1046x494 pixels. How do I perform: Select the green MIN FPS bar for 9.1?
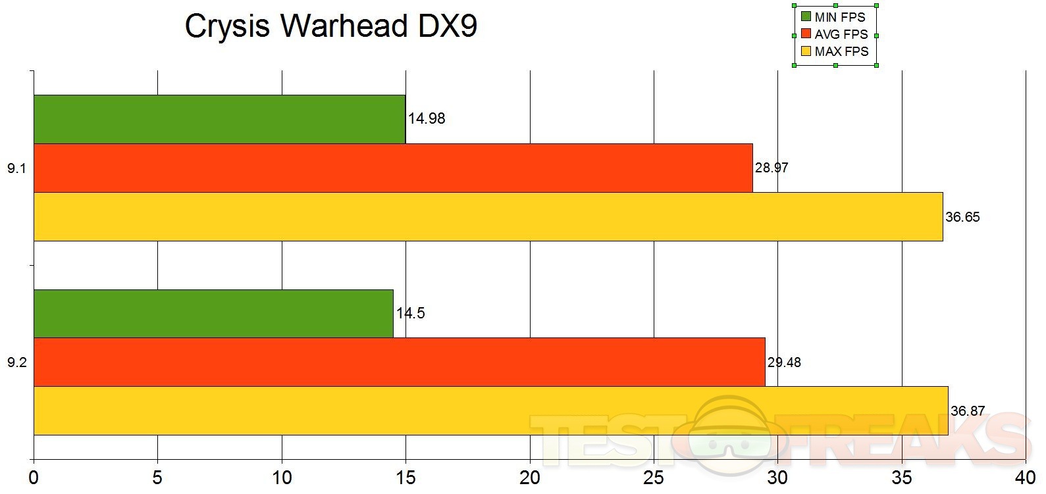[219, 119]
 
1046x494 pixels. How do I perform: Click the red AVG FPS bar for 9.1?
[393, 168]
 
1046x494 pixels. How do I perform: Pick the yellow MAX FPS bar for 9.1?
[488, 216]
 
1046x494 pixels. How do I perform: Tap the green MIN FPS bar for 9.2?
[213, 314]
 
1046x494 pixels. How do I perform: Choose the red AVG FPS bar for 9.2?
[399, 362]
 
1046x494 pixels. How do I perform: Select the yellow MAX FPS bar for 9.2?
[490, 411]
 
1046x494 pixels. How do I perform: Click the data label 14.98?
[427, 119]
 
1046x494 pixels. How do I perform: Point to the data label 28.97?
[771, 168]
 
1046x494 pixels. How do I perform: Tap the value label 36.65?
[962, 217]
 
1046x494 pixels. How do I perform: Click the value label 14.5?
[411, 314]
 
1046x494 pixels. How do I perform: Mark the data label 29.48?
[784, 362]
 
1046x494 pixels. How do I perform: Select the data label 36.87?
[968, 412]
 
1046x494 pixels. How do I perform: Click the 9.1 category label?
[16, 168]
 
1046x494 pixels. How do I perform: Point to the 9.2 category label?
[16, 362]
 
